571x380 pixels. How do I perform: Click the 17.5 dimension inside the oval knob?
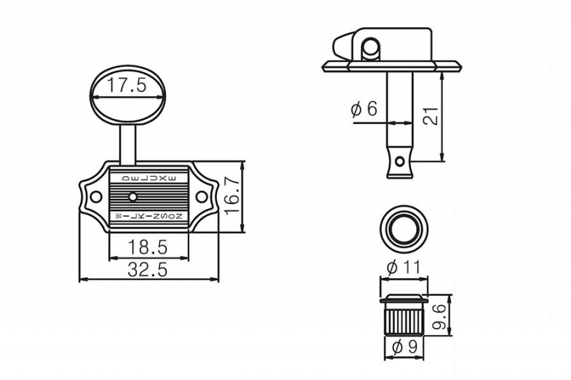click(127, 87)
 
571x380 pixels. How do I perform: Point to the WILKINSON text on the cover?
click(148, 215)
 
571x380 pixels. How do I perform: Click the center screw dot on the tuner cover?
click(132, 195)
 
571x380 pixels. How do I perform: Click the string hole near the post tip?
click(400, 160)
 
